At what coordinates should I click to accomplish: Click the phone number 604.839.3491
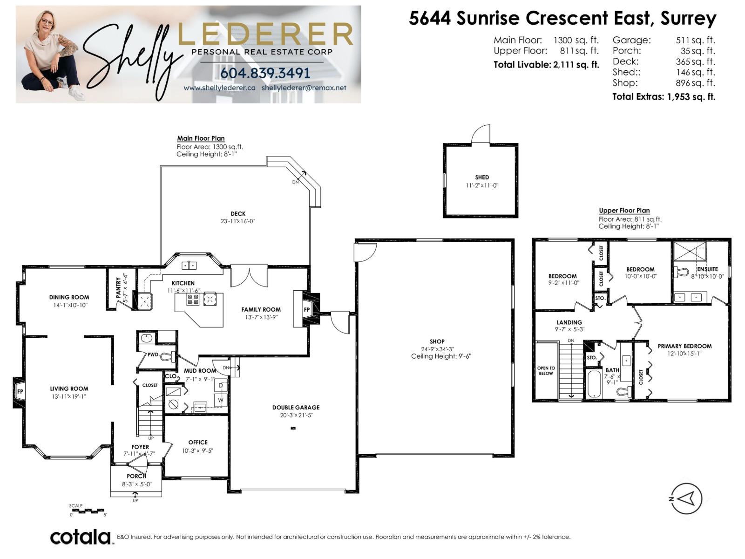265,73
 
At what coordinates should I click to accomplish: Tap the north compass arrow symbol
687,498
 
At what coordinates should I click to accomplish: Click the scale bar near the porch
88,511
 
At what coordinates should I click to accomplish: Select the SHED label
482,177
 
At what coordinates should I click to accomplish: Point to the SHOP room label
437,341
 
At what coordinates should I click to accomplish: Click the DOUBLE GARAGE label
296,407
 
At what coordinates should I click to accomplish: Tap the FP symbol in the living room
20,391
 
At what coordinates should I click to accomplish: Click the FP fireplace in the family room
307,309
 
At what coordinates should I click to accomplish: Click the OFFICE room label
198,442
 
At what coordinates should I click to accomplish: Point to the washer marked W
221,400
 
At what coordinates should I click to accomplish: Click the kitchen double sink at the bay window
189,266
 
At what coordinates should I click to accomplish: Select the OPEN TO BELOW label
546,370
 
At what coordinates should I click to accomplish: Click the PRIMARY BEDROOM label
684,346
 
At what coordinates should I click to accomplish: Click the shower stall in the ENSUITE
690,252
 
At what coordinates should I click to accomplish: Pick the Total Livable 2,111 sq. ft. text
546,65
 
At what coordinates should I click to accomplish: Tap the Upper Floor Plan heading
624,211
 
